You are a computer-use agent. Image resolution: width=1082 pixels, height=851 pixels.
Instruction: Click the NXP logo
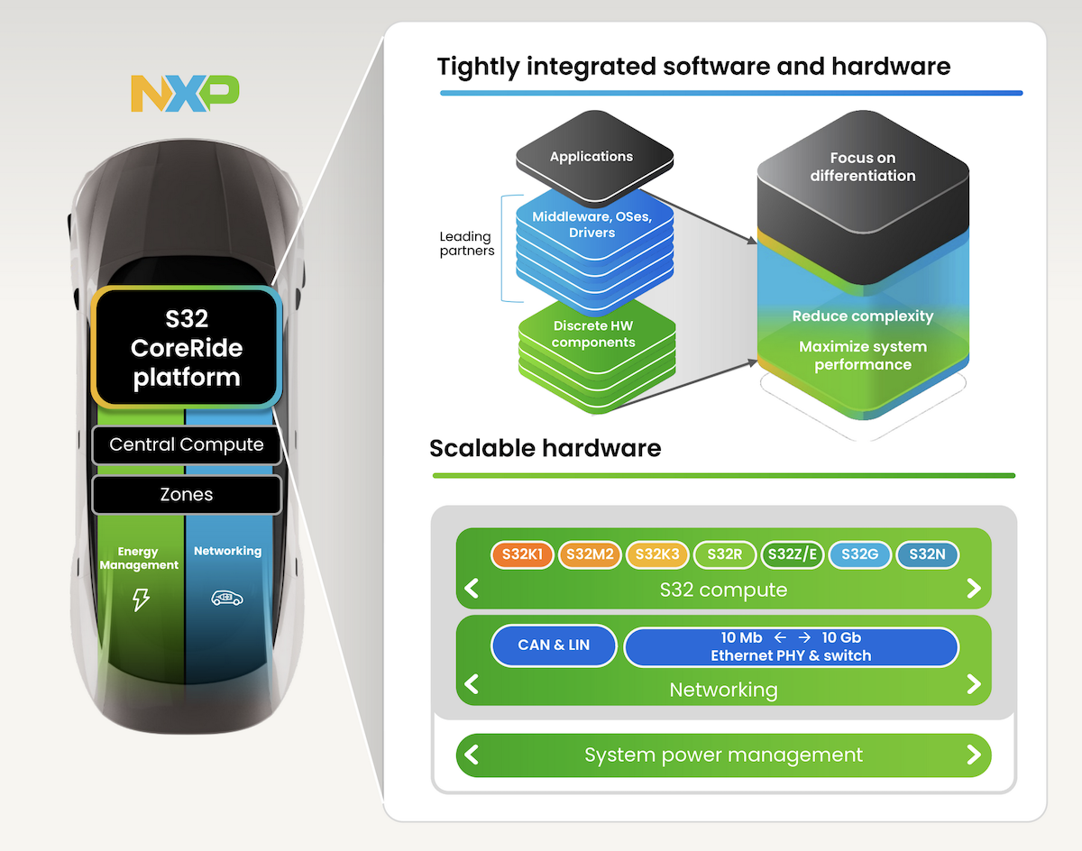(x=185, y=94)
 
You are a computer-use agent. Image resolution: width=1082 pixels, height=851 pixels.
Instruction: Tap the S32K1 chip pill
(x=522, y=554)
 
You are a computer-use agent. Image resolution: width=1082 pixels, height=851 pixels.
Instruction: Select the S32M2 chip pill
(x=591, y=554)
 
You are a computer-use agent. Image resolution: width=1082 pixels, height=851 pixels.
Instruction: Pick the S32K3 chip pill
(x=658, y=554)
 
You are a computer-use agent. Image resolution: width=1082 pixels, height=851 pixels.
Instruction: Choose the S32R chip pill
(x=725, y=554)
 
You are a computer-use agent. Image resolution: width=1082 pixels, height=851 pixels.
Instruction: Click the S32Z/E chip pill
(x=792, y=554)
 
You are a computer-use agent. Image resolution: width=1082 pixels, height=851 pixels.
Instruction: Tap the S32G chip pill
(x=859, y=554)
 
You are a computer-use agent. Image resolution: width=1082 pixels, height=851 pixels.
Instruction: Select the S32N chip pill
(x=927, y=554)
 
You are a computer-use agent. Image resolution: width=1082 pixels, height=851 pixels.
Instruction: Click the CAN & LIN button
(x=554, y=645)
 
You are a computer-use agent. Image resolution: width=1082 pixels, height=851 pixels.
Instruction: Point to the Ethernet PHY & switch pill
(x=791, y=646)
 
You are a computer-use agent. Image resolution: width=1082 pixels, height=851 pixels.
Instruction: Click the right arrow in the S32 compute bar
(x=973, y=589)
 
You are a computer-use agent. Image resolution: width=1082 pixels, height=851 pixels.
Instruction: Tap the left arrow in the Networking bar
(x=471, y=684)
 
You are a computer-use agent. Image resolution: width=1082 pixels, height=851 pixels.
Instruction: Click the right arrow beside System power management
(x=973, y=754)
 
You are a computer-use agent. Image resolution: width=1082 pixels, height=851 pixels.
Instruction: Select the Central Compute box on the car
(x=187, y=445)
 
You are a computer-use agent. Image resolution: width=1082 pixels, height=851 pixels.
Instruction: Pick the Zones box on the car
(x=187, y=495)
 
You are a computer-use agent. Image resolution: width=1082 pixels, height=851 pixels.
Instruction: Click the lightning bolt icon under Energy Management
(x=141, y=599)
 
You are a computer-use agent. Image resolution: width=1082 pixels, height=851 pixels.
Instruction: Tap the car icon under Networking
(x=227, y=597)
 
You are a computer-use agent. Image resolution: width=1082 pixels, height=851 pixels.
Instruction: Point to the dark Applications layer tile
(x=591, y=157)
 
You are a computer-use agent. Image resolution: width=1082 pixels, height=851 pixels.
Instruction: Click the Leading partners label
(x=466, y=243)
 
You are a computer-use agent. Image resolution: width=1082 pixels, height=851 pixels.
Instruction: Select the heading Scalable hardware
(x=546, y=448)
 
